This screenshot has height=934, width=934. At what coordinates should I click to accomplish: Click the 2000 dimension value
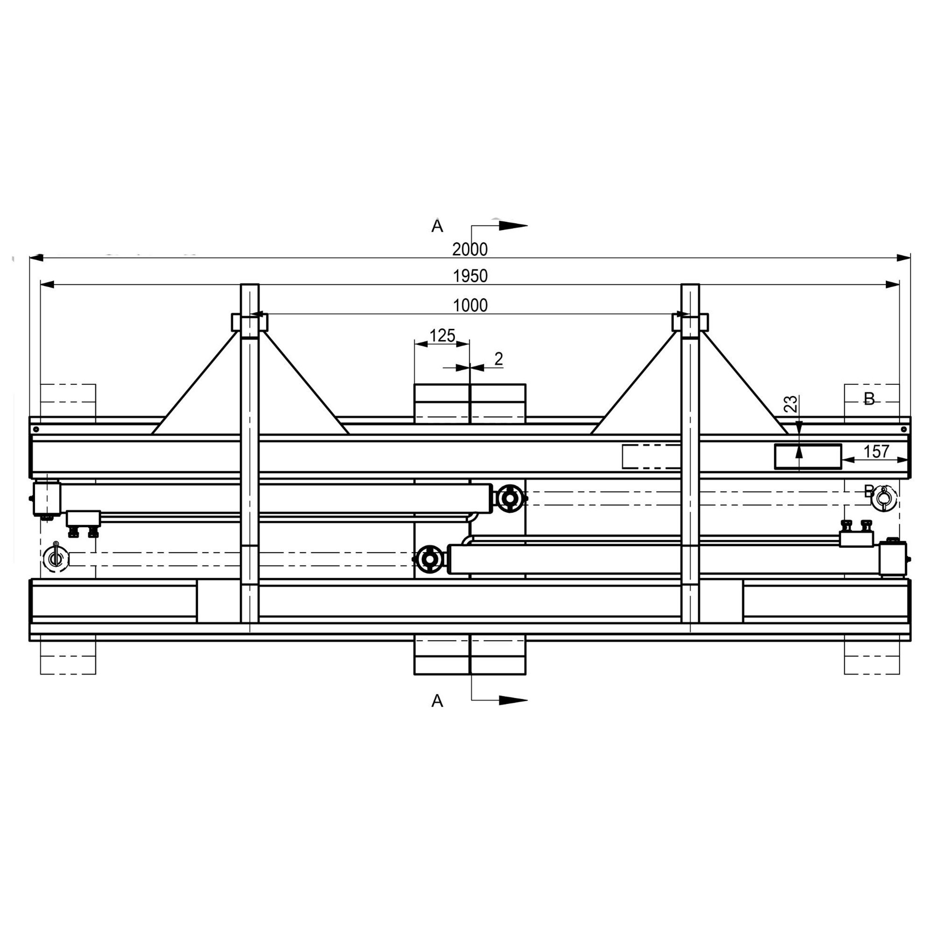[x=470, y=249]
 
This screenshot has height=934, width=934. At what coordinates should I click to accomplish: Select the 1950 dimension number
[x=470, y=276]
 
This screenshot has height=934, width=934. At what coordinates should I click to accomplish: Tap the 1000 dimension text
[x=470, y=305]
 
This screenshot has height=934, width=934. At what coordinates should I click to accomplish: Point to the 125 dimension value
[x=442, y=335]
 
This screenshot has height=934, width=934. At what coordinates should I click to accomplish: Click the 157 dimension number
[x=877, y=452]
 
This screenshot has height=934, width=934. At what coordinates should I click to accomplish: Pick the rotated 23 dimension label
[x=790, y=403]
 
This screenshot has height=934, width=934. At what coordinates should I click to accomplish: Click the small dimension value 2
[x=499, y=359]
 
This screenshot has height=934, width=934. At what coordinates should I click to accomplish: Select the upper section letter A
[x=437, y=226]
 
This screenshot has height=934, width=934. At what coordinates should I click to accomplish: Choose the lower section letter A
[x=437, y=700]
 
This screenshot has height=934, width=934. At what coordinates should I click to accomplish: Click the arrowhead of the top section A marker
[x=513, y=225]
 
